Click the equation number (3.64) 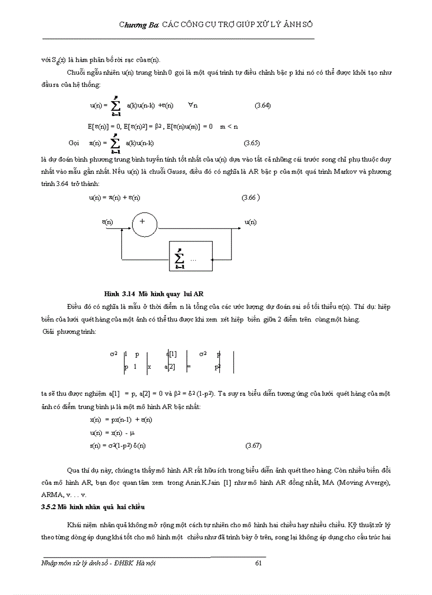pyautogui.click(x=263, y=105)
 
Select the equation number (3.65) pyautogui.click(x=251, y=143)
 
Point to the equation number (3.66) pyautogui.click(x=250, y=198)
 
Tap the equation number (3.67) pyautogui.click(x=254, y=446)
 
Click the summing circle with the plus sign pyautogui.click(x=145, y=224)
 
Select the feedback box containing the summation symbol pyautogui.click(x=190, y=258)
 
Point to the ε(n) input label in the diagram pyautogui.click(x=107, y=222)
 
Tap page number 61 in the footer pyautogui.click(x=259, y=563)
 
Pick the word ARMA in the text pyautogui.click(x=51, y=494)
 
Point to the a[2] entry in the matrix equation pyautogui.click(x=169, y=366)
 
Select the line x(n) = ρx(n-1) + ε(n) pyautogui.click(x=121, y=419)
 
